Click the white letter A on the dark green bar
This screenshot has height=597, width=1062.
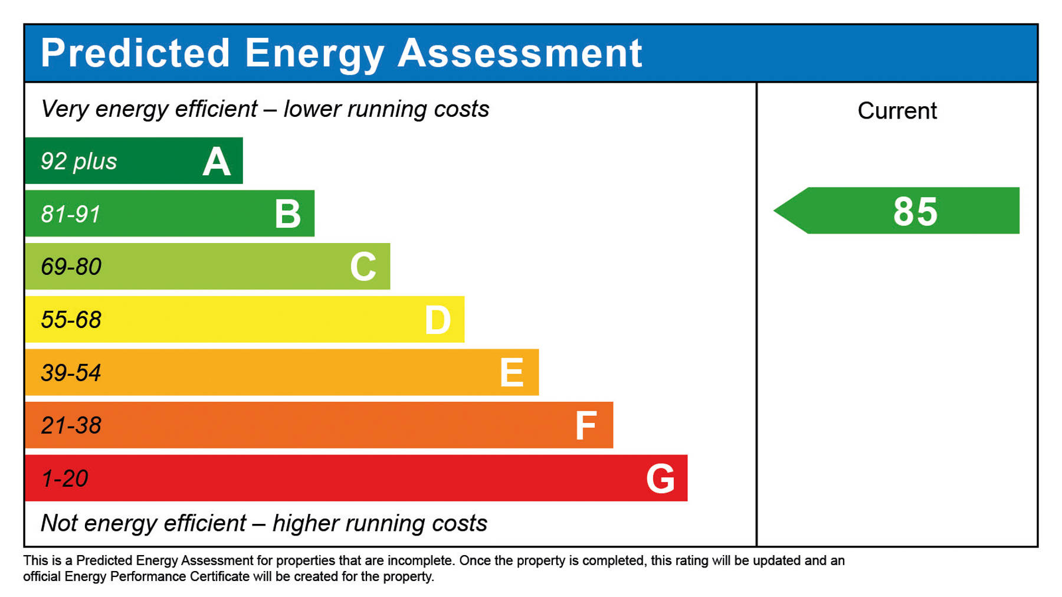coord(217,162)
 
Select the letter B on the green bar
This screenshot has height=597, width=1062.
coord(288,214)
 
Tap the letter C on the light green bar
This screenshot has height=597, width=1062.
coord(363,267)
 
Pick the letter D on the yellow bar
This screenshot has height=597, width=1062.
coord(438,320)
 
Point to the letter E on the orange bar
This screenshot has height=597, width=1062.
coord(512,373)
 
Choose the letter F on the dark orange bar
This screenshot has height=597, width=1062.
coord(586,426)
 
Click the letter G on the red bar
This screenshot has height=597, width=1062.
coord(660,478)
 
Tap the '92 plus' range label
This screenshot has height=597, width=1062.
coord(78,162)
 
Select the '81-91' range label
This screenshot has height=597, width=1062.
coord(70,214)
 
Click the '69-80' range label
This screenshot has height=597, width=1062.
coord(71,267)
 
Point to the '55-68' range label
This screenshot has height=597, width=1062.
coord(71,320)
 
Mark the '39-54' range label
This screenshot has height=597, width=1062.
coord(71,373)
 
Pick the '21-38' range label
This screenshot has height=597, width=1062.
coord(71,425)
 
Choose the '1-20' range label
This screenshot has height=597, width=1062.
coord(64,478)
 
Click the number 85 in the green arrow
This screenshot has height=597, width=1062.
coord(915,211)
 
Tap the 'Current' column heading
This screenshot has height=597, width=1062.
coord(897,111)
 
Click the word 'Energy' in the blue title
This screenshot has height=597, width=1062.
coord(314,54)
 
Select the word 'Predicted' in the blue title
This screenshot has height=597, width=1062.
coord(135,53)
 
